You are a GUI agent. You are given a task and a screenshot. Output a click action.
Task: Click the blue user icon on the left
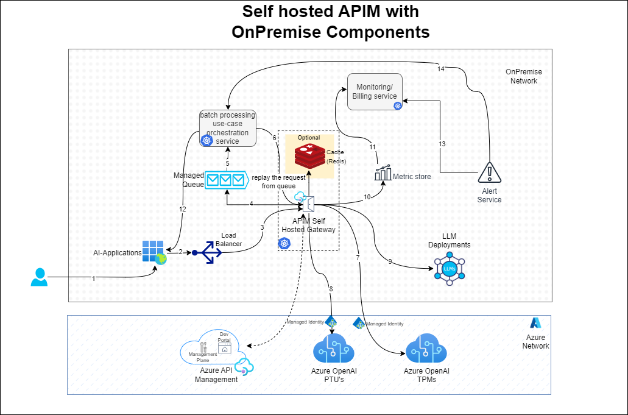coord(39,277)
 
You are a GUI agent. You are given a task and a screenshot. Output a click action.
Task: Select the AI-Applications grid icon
coord(153,251)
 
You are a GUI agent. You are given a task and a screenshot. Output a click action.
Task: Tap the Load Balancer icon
coord(207,253)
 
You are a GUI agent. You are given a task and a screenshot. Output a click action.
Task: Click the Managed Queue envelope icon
coord(225,180)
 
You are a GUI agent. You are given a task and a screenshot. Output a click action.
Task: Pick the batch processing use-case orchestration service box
coord(228,129)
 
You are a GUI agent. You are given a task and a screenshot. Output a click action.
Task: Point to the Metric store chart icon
coord(383,173)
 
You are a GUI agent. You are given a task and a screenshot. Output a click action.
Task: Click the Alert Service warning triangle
coord(489,172)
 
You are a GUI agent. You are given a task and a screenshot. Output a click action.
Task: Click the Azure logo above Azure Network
coord(535,323)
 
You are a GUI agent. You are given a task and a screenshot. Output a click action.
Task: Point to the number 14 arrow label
coord(441,69)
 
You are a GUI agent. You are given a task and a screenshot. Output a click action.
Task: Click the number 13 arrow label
coord(442,144)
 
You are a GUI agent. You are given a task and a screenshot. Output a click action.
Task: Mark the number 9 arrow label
coord(390,262)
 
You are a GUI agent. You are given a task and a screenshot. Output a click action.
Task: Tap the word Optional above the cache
coord(308,138)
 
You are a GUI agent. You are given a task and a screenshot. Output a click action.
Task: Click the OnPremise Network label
coord(523,76)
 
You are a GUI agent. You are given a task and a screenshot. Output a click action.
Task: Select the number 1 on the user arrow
coord(93,278)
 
